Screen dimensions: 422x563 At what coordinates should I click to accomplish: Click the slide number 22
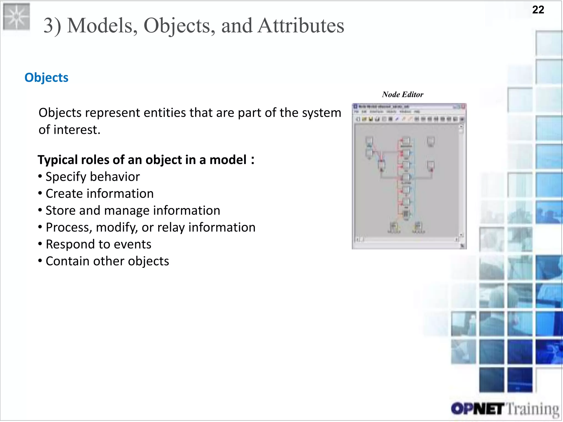click(x=538, y=10)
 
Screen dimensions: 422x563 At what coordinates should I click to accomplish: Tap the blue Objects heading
click(x=46, y=77)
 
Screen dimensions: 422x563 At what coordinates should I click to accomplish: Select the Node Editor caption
click(x=402, y=95)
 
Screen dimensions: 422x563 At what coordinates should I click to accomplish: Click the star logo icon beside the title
click(x=16, y=16)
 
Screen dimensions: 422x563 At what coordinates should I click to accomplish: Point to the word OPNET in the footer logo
click(x=477, y=409)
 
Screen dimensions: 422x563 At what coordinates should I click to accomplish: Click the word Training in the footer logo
click(x=532, y=409)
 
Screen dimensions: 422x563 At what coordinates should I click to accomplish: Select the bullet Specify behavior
click(x=92, y=177)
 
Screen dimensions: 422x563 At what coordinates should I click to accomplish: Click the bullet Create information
click(x=99, y=194)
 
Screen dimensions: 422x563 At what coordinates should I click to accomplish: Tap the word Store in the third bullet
click(x=60, y=210)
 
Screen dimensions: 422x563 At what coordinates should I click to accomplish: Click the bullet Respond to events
click(x=98, y=244)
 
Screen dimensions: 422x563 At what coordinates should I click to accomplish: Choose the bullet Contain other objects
click(x=107, y=261)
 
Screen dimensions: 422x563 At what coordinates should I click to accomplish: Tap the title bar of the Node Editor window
click(x=404, y=106)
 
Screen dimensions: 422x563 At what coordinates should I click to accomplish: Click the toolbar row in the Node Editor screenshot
click(x=409, y=119)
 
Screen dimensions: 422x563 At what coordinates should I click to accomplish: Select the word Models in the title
click(x=102, y=26)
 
